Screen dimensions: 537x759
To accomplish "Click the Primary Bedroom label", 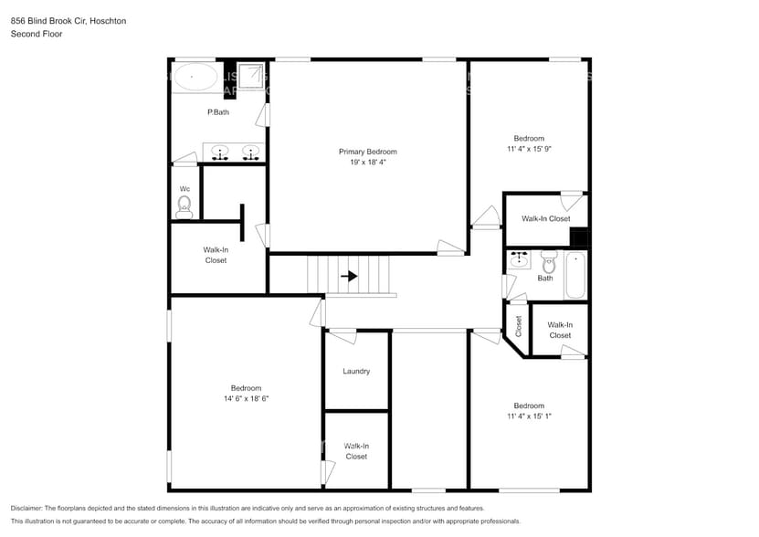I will pyautogui.click(x=367, y=152).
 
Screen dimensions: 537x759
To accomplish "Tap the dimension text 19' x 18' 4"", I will pyautogui.click(x=367, y=163).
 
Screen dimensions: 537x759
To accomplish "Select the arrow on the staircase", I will pyautogui.click(x=348, y=275).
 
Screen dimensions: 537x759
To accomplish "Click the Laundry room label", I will pyautogui.click(x=356, y=372).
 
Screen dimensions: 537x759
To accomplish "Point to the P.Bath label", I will pyautogui.click(x=217, y=112).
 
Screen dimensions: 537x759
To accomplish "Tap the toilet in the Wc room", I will pyautogui.click(x=184, y=205).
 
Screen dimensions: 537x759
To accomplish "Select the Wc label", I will pyautogui.click(x=184, y=189).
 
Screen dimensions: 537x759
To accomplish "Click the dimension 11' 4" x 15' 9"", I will pyautogui.click(x=528, y=149).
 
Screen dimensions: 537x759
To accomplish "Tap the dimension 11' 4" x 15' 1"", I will pyautogui.click(x=528, y=417).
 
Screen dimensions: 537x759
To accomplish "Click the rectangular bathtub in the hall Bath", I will pyautogui.click(x=575, y=275).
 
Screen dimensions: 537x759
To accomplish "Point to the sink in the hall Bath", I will pyautogui.click(x=520, y=259).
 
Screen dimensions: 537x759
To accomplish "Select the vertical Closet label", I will pyautogui.click(x=518, y=325).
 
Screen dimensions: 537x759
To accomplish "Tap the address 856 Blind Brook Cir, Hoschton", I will pyautogui.click(x=69, y=20).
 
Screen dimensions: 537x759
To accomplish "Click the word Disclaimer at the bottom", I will pyautogui.click(x=30, y=508).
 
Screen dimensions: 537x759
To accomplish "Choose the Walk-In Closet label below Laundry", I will pyautogui.click(x=356, y=451).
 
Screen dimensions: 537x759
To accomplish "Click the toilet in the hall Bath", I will pyautogui.click(x=548, y=260).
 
